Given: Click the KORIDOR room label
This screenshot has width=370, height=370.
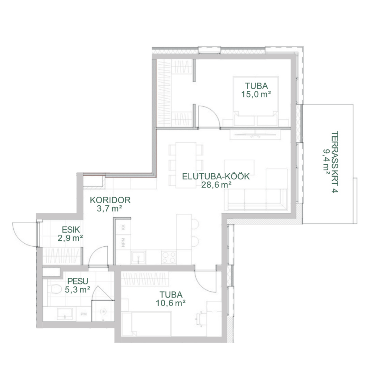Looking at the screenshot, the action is pyautogui.click(x=110, y=200).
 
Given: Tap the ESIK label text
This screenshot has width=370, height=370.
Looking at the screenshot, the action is pyautogui.click(x=71, y=230).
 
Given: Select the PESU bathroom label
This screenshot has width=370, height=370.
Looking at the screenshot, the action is pyautogui.click(x=78, y=281).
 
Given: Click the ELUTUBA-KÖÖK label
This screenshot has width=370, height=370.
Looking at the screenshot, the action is pyautogui.click(x=216, y=176).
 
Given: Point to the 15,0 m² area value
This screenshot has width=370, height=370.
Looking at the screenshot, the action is pyautogui.click(x=256, y=94).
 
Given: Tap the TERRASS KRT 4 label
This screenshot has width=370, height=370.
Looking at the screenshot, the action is pyautogui.click(x=335, y=162).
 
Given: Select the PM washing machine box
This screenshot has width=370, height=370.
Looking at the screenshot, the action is pyautogui.click(x=84, y=314).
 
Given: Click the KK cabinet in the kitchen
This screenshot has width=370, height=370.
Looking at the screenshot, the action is pyautogui.click(x=123, y=227).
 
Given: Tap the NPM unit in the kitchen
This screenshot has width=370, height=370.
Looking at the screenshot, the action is pyautogui.click(x=123, y=242).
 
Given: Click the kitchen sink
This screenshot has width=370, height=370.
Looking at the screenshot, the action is pyautogui.click(x=138, y=257).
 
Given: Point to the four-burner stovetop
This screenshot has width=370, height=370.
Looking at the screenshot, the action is pyautogui.click(x=169, y=257).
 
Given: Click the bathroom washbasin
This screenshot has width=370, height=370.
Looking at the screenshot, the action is pyautogui.click(x=64, y=314).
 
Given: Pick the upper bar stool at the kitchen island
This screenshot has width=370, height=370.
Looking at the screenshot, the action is pyautogui.click(x=195, y=224).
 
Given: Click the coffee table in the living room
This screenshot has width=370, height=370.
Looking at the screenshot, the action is pyautogui.click(x=239, y=167).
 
